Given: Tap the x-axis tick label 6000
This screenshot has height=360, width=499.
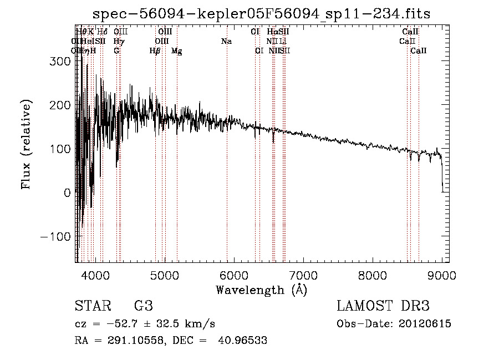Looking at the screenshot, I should pos(233,275).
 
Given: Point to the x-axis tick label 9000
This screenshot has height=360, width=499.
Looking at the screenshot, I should pos(442,275).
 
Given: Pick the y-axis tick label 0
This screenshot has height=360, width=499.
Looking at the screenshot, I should pos(68,193).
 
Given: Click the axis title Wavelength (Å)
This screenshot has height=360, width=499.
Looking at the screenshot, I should pos(261,290).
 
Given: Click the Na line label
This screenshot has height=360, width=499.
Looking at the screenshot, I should pos(226,42).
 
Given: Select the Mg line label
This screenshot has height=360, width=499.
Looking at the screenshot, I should pos(177,51).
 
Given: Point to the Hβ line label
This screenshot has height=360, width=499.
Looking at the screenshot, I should pos(155,51).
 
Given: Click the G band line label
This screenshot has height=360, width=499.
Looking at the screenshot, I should pos(116,51).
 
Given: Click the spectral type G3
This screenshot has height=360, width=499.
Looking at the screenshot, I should pos(143,306).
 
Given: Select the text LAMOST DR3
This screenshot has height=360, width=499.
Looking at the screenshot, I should pos(383,306).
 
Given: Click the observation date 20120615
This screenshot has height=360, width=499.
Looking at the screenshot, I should pos(424,324).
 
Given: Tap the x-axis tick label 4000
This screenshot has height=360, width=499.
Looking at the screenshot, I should pos(95,275).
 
